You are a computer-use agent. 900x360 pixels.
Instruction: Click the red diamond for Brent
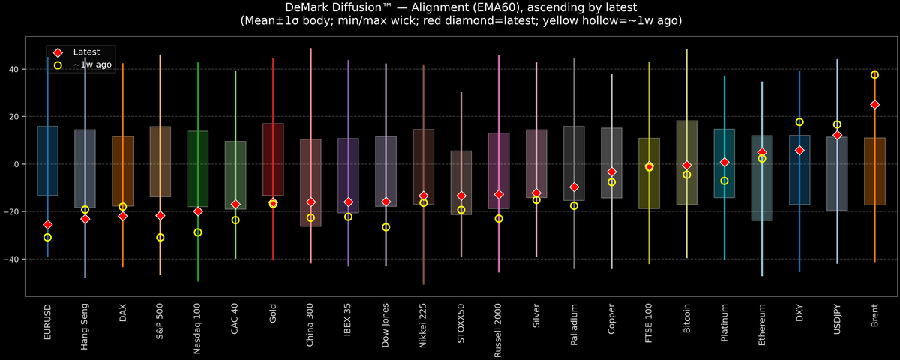tap(874, 105)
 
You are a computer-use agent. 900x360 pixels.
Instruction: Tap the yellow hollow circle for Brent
tap(874, 75)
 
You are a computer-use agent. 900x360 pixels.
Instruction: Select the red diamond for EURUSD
tap(48, 225)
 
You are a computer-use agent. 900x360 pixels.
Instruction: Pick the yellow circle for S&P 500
tap(160, 238)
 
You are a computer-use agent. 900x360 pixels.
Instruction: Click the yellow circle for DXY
tap(799, 122)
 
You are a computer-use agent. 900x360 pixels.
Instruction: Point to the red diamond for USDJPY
tap(837, 135)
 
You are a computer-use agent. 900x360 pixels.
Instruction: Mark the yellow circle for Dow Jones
tap(386, 227)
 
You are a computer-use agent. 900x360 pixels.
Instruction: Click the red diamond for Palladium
tap(574, 187)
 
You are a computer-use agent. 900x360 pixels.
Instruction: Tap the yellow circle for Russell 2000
tap(499, 219)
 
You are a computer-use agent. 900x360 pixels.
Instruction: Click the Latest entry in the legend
tap(83, 52)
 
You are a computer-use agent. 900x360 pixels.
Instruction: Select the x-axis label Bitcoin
tap(686, 323)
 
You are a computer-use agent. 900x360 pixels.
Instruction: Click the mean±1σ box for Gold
tap(273, 160)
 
